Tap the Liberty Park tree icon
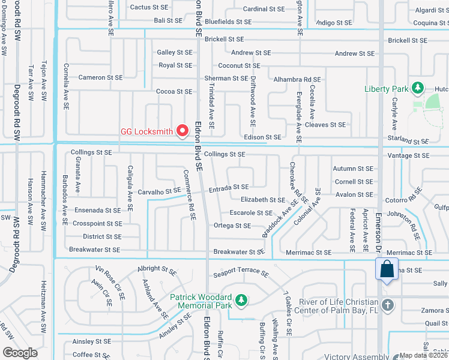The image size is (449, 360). [418, 89]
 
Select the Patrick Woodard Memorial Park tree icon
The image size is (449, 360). [241, 299]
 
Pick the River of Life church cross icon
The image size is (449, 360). [388, 304]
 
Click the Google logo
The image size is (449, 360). [20, 353]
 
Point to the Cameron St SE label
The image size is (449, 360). [100, 77]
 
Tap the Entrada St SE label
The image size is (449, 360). [229, 188]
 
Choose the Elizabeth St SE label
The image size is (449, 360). [263, 200]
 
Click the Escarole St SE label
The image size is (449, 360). [252, 212]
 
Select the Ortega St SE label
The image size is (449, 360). [232, 226]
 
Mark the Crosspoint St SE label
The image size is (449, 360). [97, 223]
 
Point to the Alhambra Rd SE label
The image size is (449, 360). [297, 79]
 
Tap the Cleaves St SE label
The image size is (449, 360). [325, 125]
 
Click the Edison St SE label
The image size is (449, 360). [262, 137]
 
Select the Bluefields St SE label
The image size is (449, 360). [228, 22]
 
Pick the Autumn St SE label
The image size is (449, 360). [354, 169]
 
